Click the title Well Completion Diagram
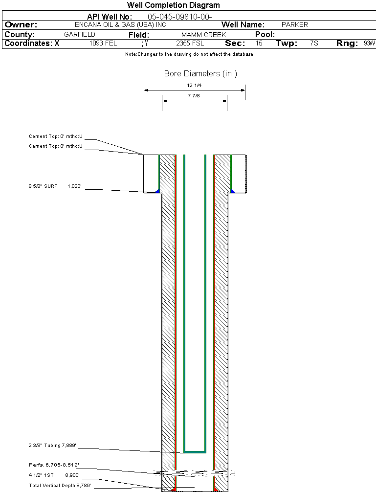(174, 5)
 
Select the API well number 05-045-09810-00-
(179, 17)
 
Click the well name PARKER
(295, 25)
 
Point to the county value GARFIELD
(80, 35)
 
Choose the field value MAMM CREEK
(204, 35)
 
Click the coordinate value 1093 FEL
(103, 44)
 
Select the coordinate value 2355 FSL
(190, 44)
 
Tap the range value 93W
(369, 44)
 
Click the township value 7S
(314, 44)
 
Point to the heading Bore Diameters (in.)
(200, 74)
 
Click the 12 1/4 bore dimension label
(194, 86)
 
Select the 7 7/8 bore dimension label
(194, 96)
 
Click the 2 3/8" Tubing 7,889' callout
(52, 446)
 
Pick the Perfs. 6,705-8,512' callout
(54, 465)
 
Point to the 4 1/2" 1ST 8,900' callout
(54, 475)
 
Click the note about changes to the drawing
(189, 54)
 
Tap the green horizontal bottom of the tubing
(195, 451)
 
